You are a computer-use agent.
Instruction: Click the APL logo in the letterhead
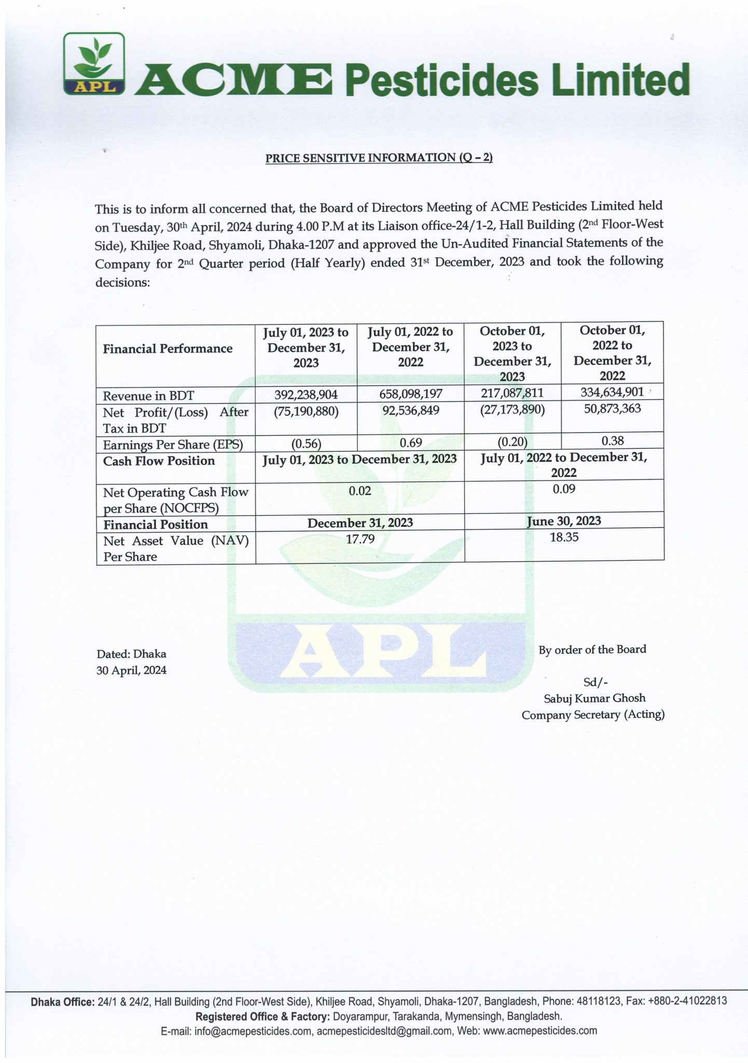click(x=94, y=64)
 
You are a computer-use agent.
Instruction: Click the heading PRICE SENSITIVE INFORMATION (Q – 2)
click(x=379, y=158)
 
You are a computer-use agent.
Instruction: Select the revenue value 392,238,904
click(x=306, y=394)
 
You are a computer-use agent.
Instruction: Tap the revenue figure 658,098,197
click(x=410, y=394)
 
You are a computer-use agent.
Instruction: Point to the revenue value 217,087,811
click(x=512, y=393)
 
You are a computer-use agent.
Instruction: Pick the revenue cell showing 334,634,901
click(x=612, y=392)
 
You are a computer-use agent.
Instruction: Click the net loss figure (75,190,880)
click(x=306, y=412)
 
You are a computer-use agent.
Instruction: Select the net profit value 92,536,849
click(x=410, y=411)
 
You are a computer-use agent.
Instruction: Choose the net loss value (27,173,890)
click(x=512, y=410)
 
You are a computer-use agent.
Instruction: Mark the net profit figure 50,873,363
click(x=612, y=408)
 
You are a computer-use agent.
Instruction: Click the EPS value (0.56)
click(x=306, y=444)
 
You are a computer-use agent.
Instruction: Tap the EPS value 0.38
click(x=612, y=441)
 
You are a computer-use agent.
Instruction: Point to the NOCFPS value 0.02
click(x=359, y=491)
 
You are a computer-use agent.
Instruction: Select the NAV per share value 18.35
click(x=564, y=537)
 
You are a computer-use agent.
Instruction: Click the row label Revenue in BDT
click(x=148, y=396)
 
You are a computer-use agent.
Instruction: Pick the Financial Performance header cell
click(x=168, y=349)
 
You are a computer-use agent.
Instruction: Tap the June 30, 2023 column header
click(x=564, y=521)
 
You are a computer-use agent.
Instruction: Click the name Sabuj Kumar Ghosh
click(x=594, y=698)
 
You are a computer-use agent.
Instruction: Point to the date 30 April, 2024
click(x=131, y=670)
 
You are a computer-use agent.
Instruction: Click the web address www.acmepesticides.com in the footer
click(x=539, y=1031)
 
